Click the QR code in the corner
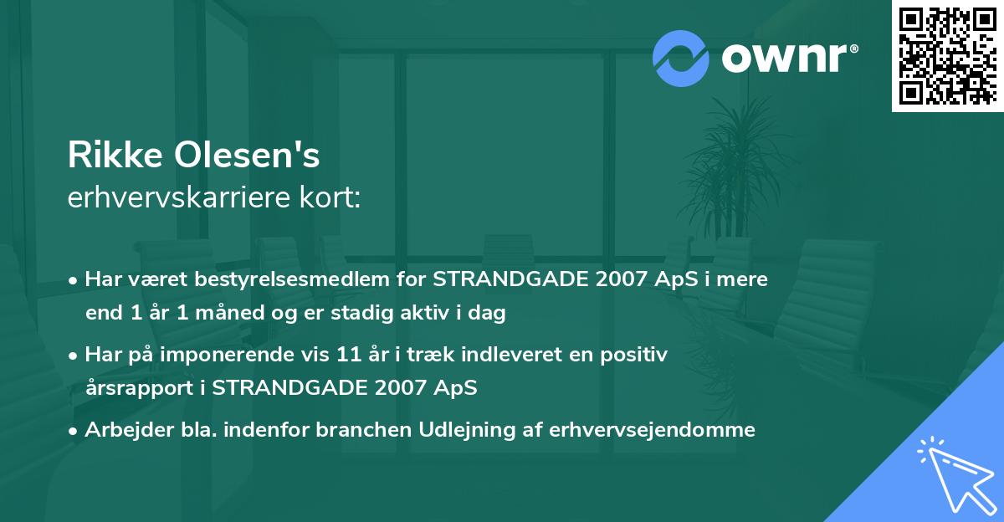[947, 56]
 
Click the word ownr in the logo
[789, 58]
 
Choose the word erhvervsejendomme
[653, 430]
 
